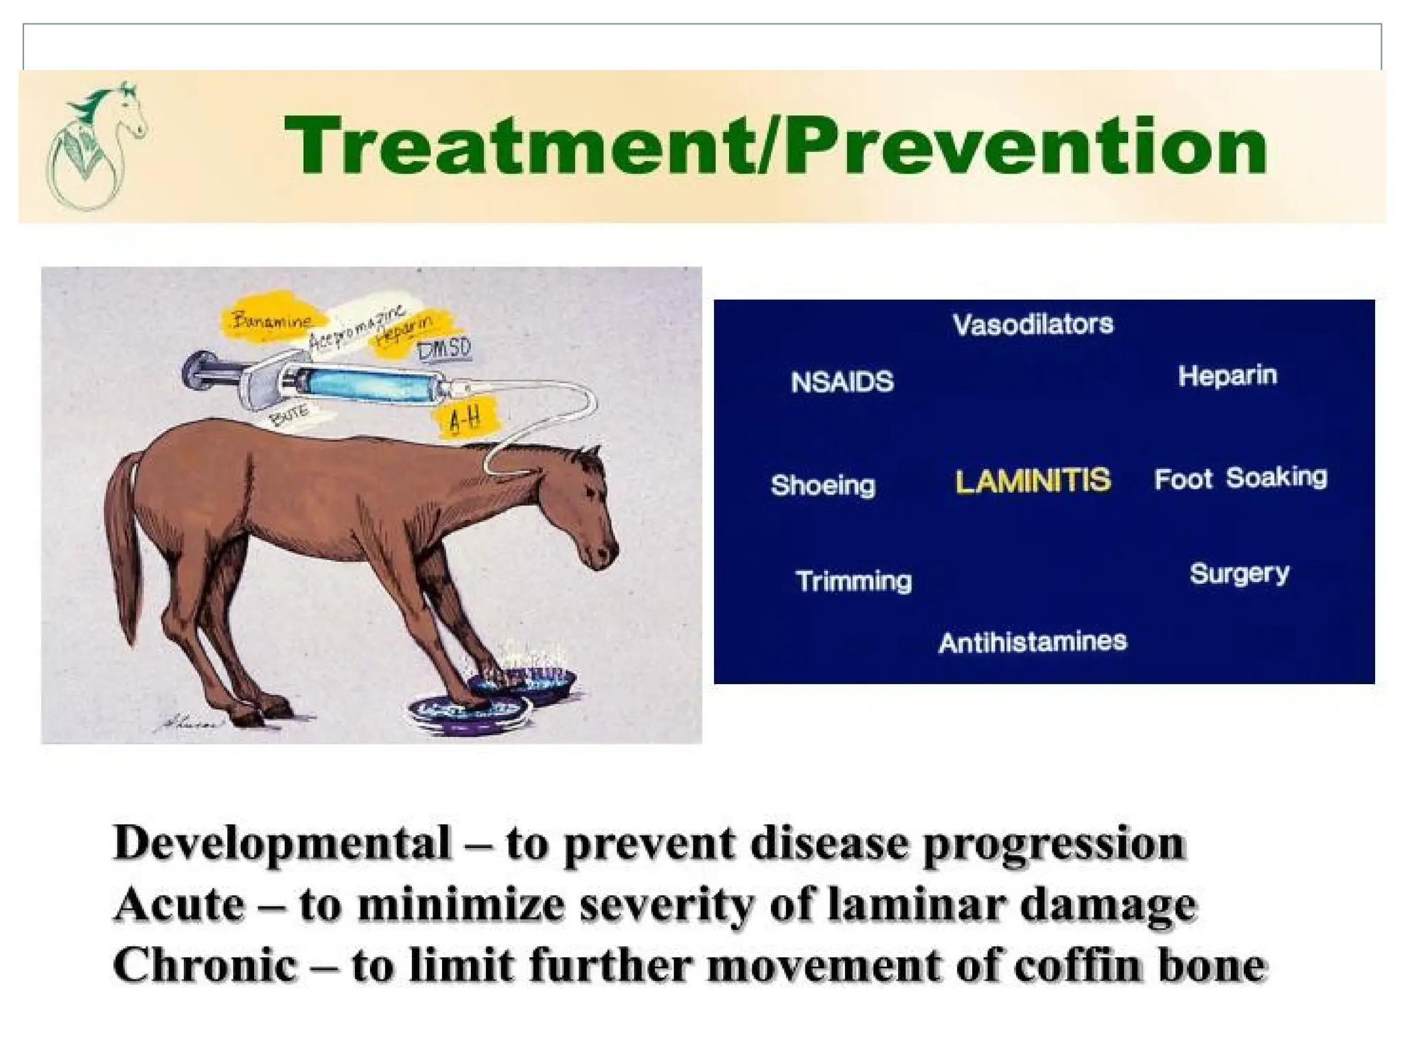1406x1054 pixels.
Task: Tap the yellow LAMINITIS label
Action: pyautogui.click(x=1033, y=480)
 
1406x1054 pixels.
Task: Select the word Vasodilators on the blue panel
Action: pyautogui.click(x=1033, y=324)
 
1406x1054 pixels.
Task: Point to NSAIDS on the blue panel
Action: pyautogui.click(x=842, y=382)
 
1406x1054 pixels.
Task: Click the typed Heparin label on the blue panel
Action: pyautogui.click(x=1228, y=375)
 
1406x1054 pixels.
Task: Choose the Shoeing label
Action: pyautogui.click(x=823, y=485)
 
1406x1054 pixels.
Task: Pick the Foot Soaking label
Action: pyautogui.click(x=1241, y=478)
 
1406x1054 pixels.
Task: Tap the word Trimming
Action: pyautogui.click(x=853, y=581)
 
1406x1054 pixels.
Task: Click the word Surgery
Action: pyautogui.click(x=1239, y=573)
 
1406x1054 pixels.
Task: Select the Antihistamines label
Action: pyautogui.click(x=1033, y=642)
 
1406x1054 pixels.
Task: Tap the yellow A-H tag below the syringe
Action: pyautogui.click(x=464, y=417)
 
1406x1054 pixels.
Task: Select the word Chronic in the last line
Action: pyautogui.click(x=205, y=965)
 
